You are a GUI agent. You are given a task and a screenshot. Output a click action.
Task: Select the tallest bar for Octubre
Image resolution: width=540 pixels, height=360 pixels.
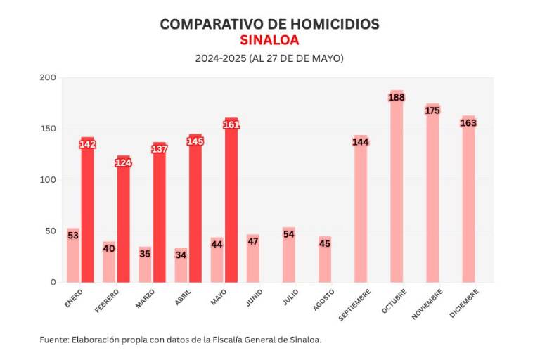(x=397, y=190)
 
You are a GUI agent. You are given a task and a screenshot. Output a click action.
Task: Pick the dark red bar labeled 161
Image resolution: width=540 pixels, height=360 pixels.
(x=231, y=204)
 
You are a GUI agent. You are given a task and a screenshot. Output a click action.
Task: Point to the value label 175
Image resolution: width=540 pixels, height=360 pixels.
(x=432, y=110)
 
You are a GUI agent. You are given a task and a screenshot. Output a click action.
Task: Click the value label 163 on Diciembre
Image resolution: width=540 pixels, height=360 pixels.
(x=468, y=123)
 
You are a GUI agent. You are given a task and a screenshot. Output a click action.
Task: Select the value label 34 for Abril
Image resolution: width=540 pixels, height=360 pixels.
(x=181, y=254)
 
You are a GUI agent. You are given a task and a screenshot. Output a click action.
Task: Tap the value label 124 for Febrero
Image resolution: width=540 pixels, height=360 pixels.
(x=124, y=163)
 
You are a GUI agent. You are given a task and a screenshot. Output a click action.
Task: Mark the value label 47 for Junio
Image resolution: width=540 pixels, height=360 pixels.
(x=253, y=241)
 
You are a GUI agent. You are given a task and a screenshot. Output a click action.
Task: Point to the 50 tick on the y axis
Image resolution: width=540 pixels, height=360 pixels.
(x=51, y=231)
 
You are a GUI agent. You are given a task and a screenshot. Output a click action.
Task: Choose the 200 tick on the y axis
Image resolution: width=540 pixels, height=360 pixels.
(x=48, y=77)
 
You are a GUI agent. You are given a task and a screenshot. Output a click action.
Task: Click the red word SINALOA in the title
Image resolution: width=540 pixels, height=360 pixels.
(x=269, y=40)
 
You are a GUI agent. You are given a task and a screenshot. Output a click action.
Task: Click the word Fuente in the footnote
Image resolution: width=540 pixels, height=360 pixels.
(x=54, y=340)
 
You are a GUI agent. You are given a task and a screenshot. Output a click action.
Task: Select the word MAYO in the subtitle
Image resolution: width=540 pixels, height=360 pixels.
(x=326, y=59)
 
